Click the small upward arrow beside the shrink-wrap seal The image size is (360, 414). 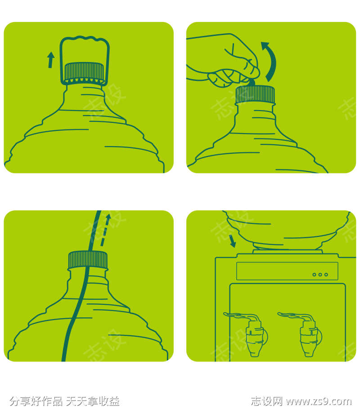coord(50,60)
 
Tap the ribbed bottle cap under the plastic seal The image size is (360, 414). coord(84,72)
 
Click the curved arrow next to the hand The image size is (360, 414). coord(270,61)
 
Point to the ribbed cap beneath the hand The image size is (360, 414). coord(255,94)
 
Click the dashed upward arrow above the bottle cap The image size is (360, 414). coord(105,230)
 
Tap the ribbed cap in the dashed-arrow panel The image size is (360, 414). coord(88,260)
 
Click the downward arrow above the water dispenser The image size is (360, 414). coord(232,241)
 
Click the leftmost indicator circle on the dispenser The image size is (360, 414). coord(314,275)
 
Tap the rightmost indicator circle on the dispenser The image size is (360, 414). coord(326,275)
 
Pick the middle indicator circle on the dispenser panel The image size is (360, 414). coord(320,275)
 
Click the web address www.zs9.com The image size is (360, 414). coord(319,401)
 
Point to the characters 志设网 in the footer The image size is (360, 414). coord(266,401)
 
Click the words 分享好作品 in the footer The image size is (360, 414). coord(36,401)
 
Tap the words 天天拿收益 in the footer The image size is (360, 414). coord(93,401)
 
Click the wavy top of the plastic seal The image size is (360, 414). coord(85,39)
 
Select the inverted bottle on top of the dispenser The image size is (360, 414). coord(288,230)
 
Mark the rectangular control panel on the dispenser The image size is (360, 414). coord(287,271)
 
